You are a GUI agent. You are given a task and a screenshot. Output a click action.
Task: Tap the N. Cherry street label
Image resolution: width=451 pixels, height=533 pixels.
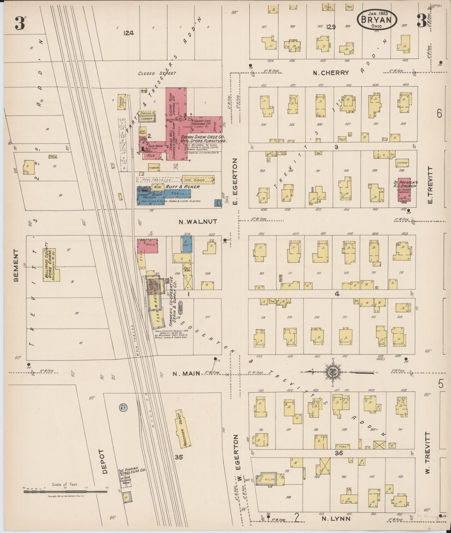coord(331,73)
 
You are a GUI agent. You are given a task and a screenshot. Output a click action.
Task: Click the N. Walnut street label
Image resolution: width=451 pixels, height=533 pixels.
coord(194,222)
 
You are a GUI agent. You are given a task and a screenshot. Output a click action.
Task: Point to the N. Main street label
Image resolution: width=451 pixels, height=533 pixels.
coord(186,373)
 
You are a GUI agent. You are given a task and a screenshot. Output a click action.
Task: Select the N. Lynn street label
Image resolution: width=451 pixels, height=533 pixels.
coord(336,519)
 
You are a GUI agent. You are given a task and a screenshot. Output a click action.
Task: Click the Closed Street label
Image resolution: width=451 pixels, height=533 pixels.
coord(157,73)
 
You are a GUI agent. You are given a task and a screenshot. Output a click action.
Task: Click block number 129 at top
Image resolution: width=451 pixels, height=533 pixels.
coord(331,27)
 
